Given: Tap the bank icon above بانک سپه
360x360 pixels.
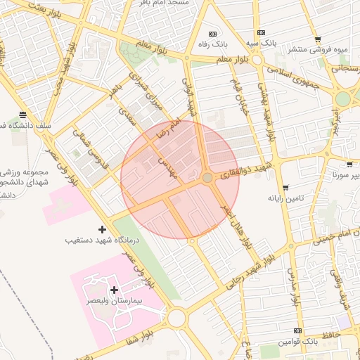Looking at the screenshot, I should tap(261, 32).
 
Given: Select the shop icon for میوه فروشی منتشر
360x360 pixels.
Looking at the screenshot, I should tap(318, 39).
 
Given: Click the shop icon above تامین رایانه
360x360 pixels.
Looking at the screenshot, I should tap(285, 188).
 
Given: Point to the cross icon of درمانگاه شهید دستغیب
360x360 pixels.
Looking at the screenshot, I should tap(103, 229).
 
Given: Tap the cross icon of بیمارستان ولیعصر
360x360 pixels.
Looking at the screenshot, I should tap(114, 290).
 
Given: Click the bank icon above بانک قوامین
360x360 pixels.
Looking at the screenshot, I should tap(297, 330).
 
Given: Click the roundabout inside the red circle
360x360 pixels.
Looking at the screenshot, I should tap(207, 179).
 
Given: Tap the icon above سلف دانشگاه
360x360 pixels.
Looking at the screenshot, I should tap(23, 114).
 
